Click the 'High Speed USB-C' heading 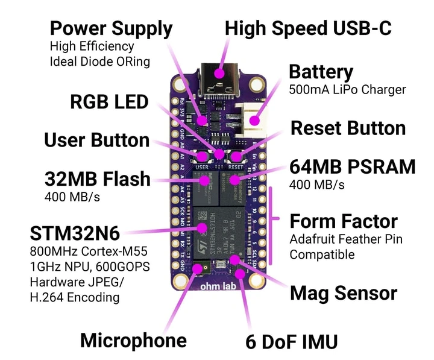[308, 28]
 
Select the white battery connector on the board [253, 118]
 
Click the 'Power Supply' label [111, 28]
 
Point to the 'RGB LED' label [109, 102]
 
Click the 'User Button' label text [96, 141]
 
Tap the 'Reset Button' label [348, 128]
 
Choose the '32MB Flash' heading [97, 179]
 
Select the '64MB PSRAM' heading [352, 166]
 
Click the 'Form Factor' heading [344, 221]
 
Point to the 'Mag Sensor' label [343, 294]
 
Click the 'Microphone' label [133, 340]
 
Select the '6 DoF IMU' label [291, 341]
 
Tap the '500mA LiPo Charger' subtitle [347, 89]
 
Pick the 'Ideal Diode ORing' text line [99, 62]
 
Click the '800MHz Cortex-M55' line [89, 251]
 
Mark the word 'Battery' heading [321, 72]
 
